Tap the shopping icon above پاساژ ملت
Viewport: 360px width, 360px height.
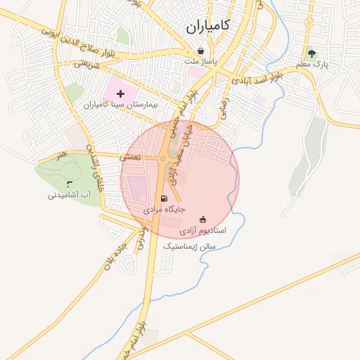[202, 51]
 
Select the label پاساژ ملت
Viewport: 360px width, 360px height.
[202, 62]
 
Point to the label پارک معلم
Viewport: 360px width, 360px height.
[312, 65]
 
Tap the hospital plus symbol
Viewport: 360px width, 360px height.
[120, 94]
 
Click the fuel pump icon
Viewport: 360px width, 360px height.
[164, 198]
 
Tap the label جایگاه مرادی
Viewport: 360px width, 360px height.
[164, 210]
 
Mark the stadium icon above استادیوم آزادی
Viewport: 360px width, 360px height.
[203, 219]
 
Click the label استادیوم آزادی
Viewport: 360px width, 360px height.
[202, 230]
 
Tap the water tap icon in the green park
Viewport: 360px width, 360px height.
[67, 184]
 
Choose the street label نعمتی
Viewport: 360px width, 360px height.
[131, 158]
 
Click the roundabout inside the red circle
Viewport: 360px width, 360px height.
[163, 160]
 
